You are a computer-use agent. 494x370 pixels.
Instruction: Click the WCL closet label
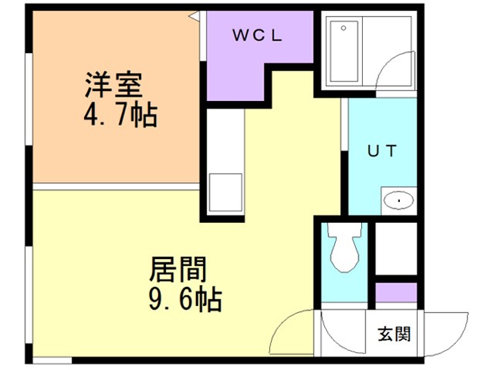tap(259, 35)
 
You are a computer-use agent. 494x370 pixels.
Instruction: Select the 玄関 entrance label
tap(394, 335)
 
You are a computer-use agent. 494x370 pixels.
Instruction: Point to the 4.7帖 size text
tap(120, 116)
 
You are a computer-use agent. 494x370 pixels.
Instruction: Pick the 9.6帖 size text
tap(184, 299)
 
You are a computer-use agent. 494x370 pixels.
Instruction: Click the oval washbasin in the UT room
tap(398, 201)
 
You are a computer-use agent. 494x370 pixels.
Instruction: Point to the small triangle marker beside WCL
tap(196, 14)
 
